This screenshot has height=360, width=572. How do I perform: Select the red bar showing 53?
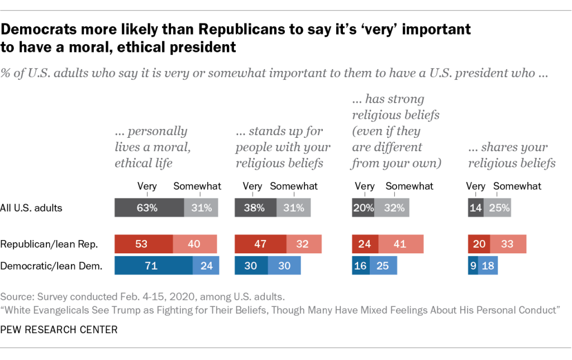coord(144,244)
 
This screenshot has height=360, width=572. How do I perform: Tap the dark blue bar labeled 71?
coord(154,266)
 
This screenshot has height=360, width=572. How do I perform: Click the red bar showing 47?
coord(261,244)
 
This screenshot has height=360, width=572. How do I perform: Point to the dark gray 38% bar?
coord(255,208)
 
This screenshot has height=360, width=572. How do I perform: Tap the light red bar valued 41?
coord(401,244)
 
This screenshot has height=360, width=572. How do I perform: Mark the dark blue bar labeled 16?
coord(360,266)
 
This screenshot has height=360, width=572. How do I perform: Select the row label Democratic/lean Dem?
coord(51,266)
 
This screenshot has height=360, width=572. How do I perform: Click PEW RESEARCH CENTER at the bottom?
coord(59,329)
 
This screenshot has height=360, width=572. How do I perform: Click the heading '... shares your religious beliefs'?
coord(511,155)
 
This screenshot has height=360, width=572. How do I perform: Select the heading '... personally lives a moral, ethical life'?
coord(150,147)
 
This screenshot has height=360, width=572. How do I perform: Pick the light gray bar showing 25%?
coord(497,208)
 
